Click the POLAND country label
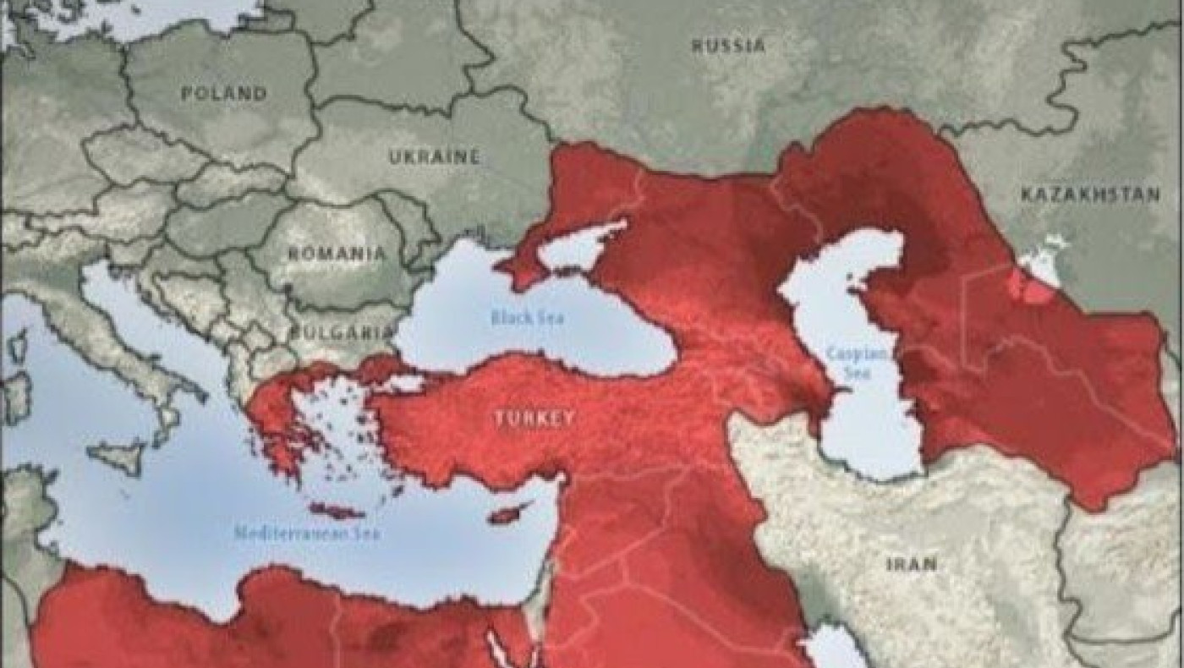[223, 94]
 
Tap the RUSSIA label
[729, 45]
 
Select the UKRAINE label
[434, 156]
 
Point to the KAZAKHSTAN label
[1090, 194]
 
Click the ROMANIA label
[337, 253]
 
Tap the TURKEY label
[534, 418]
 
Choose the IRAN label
[911, 563]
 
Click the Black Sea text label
[528, 318]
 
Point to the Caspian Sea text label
[848, 362]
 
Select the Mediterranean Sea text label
[307, 534]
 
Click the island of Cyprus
[510, 513]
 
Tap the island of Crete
[336, 511]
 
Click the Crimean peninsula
[529, 267]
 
